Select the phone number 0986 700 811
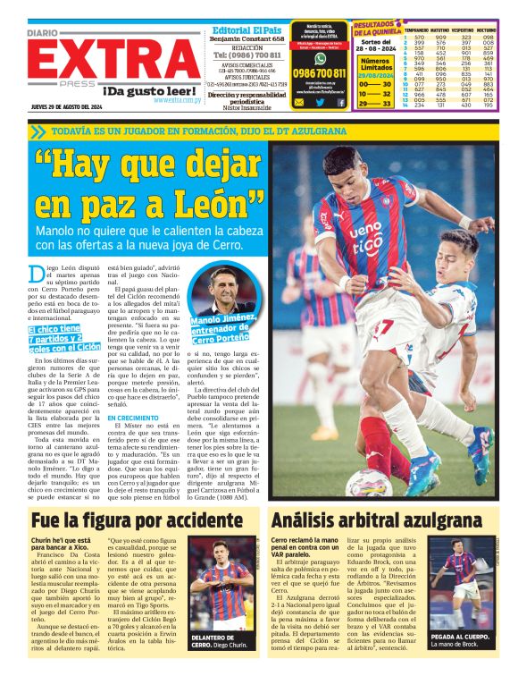(x=319, y=73)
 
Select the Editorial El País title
(x=247, y=30)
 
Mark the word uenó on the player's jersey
(x=365, y=236)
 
